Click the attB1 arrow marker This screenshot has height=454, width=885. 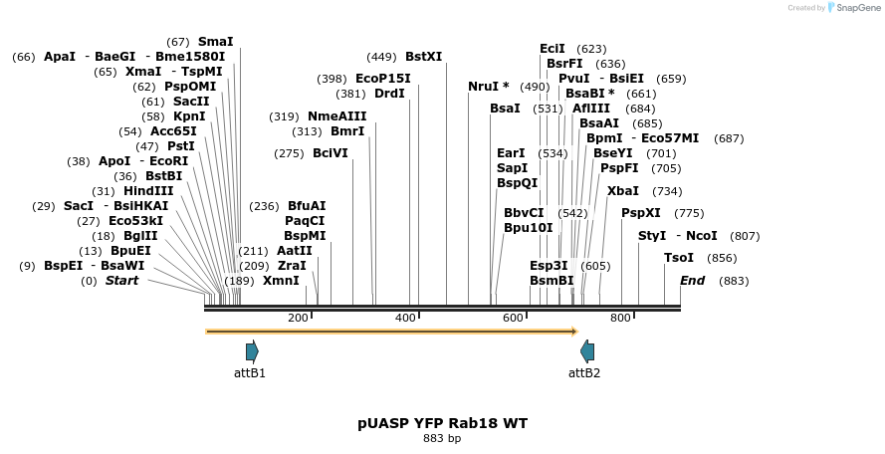tap(252, 350)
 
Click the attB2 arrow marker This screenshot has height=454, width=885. tap(587, 350)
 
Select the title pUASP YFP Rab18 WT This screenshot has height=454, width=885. tap(442, 423)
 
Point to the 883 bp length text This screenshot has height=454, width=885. tap(442, 438)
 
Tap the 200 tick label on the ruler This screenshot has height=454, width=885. tap(298, 318)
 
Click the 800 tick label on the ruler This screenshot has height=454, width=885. tap(620, 318)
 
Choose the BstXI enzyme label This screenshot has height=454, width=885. tap(423, 57)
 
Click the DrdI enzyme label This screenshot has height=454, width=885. tap(389, 94)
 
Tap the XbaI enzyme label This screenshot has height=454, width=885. tap(623, 191)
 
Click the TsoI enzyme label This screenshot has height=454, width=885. tap(679, 258)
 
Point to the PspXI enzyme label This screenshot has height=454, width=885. tap(640, 213)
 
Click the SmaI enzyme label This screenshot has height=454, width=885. tap(215, 42)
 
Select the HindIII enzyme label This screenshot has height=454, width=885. tap(148, 191)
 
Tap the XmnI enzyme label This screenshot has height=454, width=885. tap(281, 281)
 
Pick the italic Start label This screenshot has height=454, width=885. tap(121, 281)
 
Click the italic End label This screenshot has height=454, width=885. tap(692, 281)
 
